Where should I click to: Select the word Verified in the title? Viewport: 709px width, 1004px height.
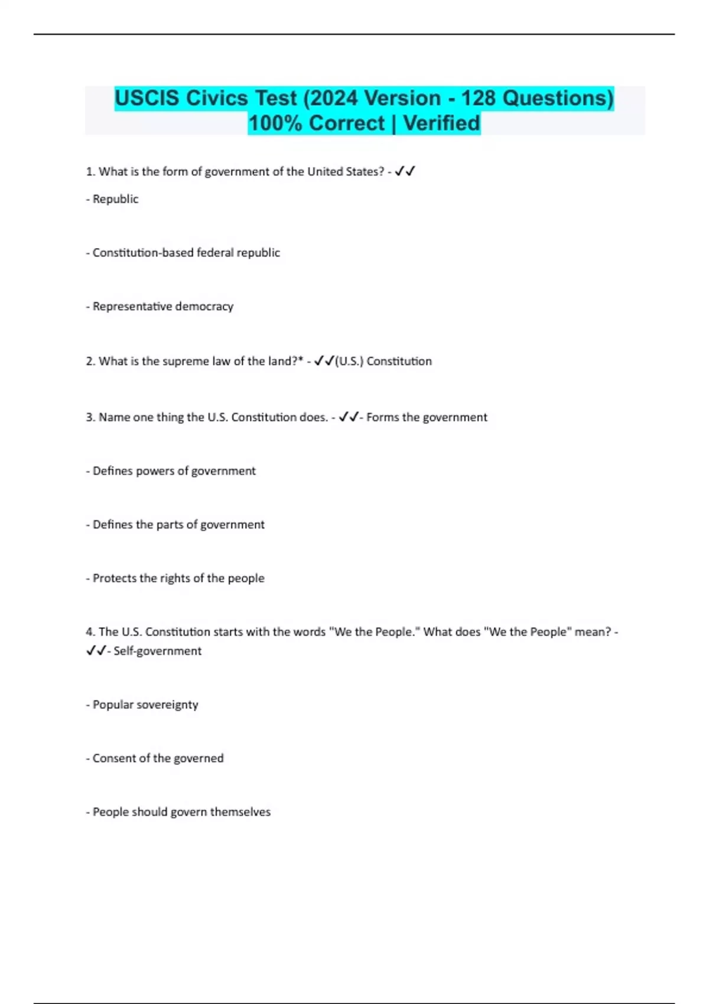point(441,123)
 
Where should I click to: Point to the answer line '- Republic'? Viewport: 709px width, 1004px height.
point(112,199)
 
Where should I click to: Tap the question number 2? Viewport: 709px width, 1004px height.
point(90,361)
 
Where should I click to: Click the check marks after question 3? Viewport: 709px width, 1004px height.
point(349,418)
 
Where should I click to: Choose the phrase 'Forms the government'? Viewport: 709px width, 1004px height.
point(427,418)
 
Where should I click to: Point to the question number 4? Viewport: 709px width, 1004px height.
point(90,632)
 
